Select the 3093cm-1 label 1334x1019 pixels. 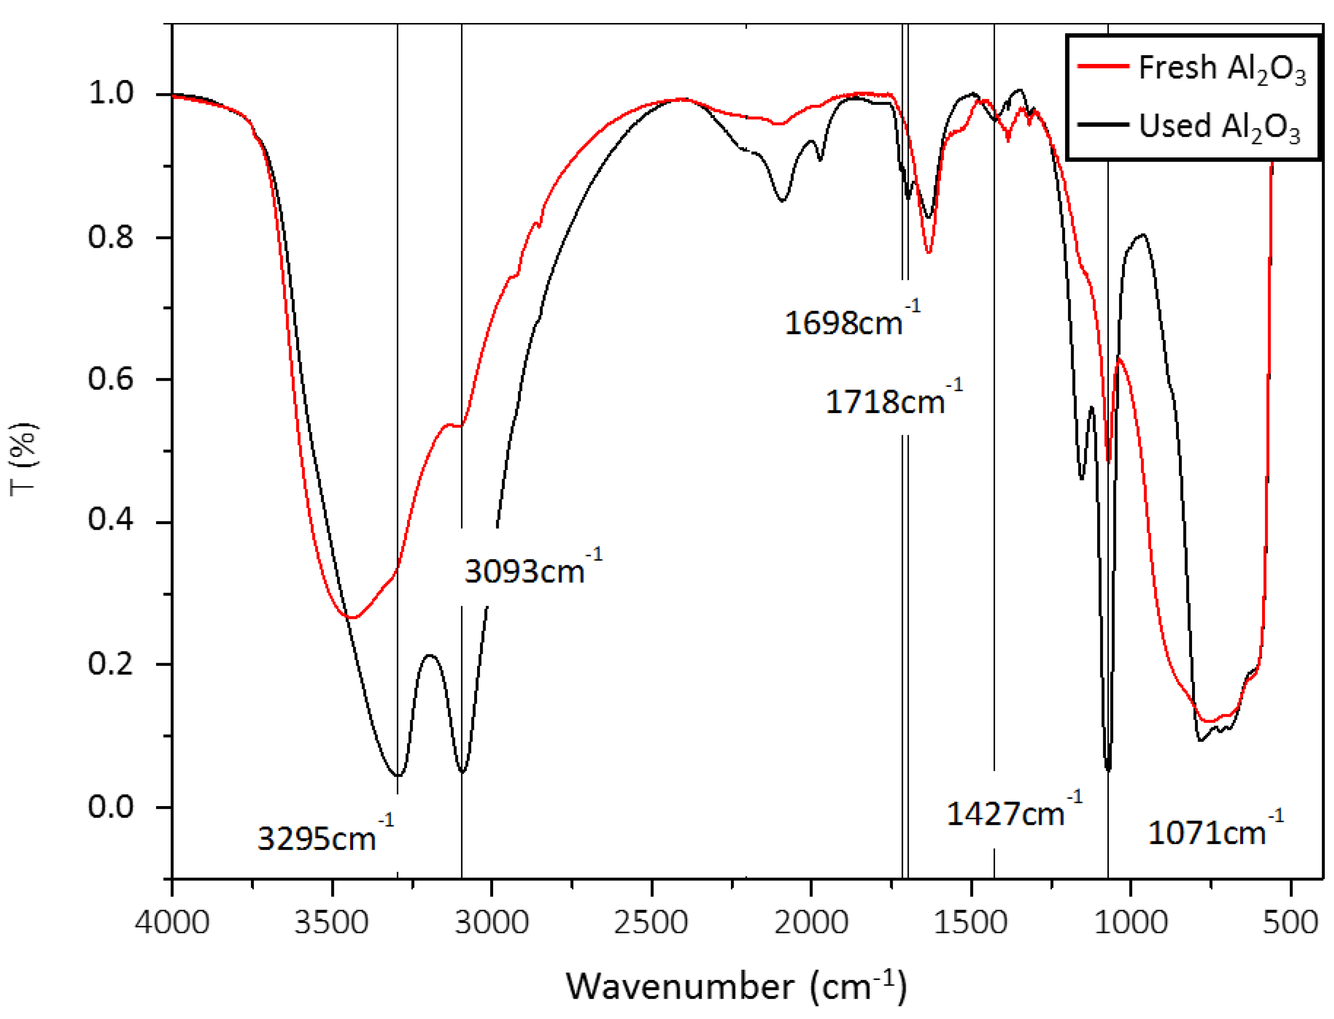click(x=532, y=570)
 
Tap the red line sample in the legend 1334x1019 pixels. click(x=1102, y=65)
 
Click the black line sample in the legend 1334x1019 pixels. click(x=1102, y=125)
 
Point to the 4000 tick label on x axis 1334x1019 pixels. click(x=173, y=923)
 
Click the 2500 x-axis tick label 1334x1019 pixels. click(x=651, y=923)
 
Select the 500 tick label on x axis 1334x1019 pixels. click(x=1290, y=923)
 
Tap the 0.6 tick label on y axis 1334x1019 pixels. click(x=110, y=379)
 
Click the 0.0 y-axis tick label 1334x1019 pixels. click(x=110, y=807)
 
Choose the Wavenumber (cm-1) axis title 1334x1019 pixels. click(x=736, y=985)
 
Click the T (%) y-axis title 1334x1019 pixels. click(x=24, y=459)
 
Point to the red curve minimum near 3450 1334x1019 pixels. click(x=352, y=618)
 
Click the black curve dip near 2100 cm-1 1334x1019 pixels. click(x=783, y=200)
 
